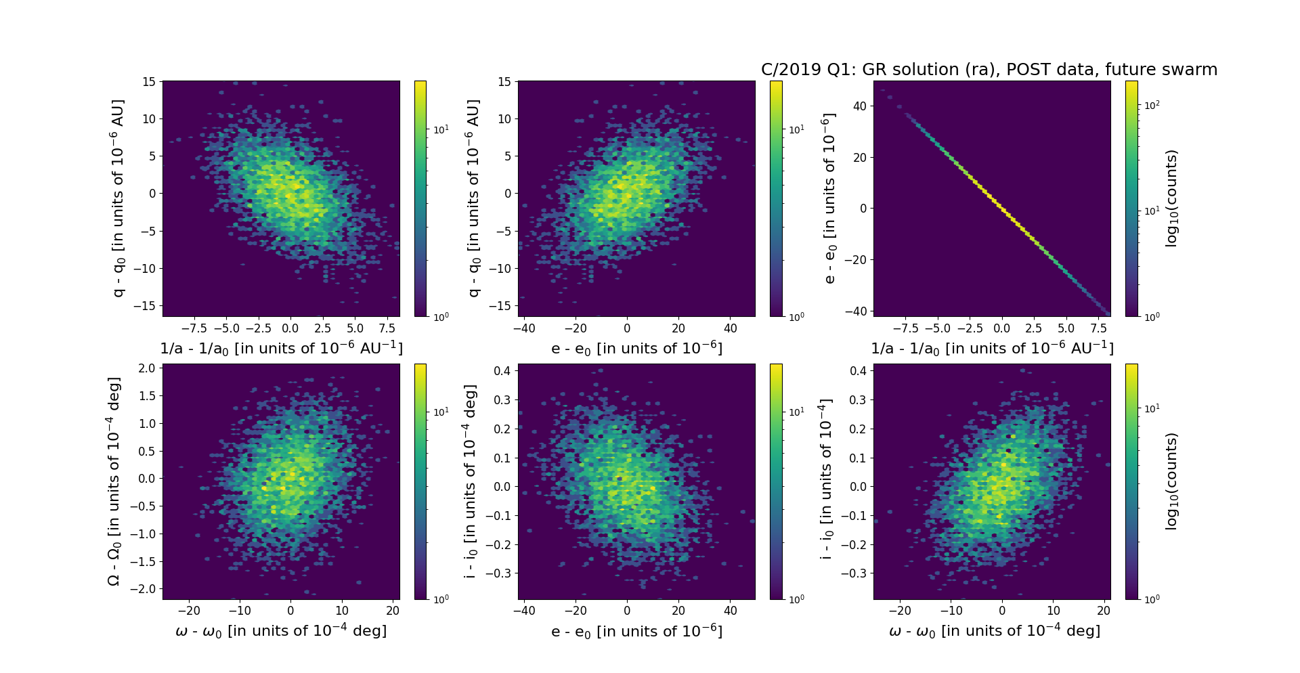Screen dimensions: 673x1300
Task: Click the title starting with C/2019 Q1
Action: coord(989,70)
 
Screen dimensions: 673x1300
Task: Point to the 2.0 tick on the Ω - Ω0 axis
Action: coord(148,368)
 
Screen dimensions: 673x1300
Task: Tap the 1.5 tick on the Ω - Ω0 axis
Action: coord(148,396)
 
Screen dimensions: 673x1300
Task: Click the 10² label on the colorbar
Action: coord(1151,105)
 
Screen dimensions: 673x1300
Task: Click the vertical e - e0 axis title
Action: coord(829,198)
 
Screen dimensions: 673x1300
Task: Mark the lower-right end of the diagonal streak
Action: coord(1108,313)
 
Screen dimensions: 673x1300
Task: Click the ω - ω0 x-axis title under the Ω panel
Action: coord(281,631)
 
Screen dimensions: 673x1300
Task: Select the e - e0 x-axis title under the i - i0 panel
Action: coord(636,632)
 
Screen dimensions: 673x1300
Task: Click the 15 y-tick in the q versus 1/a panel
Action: coord(148,82)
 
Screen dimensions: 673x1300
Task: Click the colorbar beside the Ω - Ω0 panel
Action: coord(420,481)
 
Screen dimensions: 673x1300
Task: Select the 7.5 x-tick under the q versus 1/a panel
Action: coord(387,328)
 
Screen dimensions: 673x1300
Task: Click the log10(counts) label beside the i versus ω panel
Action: coord(1171,481)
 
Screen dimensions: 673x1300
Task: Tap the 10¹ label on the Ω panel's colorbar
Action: coord(440,412)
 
